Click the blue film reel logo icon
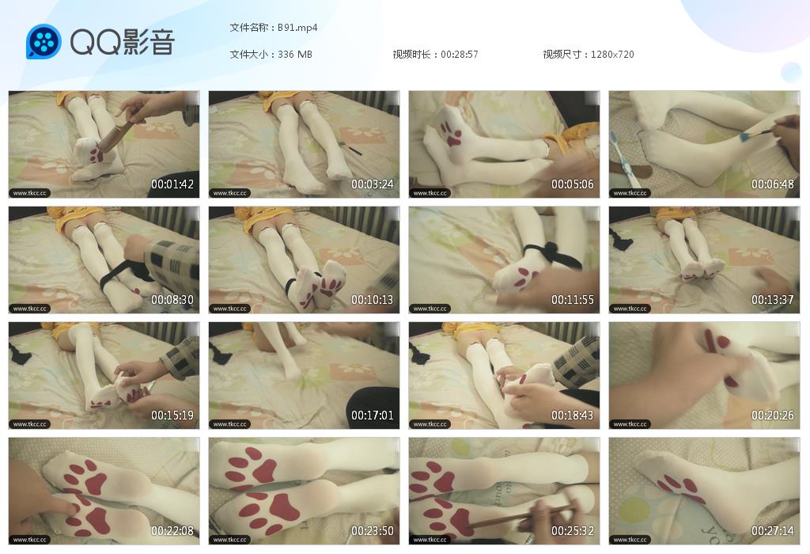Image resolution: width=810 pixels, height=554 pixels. pos(44,42)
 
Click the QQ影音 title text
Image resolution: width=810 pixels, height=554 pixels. pos(123,42)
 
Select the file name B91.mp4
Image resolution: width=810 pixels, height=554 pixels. pos(297,28)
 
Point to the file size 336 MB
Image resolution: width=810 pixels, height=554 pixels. pos(295,55)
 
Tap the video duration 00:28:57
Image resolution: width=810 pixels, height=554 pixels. pos(460,55)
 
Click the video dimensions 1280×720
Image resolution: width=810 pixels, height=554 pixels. pos(612,55)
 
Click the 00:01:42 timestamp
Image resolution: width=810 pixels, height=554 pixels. pos(172,184)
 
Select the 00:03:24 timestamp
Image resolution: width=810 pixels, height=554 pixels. pos(373,184)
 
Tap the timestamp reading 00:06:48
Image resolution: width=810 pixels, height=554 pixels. pos(772,184)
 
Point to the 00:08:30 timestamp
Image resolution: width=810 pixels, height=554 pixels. pos(172,300)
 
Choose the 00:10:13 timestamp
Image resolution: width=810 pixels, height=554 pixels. pos(373,300)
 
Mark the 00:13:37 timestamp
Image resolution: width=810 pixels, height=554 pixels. pos(772,300)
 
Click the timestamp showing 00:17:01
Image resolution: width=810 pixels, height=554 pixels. pos(373,415)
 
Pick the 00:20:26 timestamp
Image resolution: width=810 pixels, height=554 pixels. pos(772,415)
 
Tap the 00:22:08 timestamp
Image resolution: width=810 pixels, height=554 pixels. pos(172,531)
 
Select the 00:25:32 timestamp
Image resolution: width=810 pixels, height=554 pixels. pos(573,531)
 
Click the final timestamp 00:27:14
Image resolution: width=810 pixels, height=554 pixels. pos(772,531)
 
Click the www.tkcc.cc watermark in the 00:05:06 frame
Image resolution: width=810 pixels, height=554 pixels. pos(430,193)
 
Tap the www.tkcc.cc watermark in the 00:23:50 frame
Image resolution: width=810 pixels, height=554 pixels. pos(230,540)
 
